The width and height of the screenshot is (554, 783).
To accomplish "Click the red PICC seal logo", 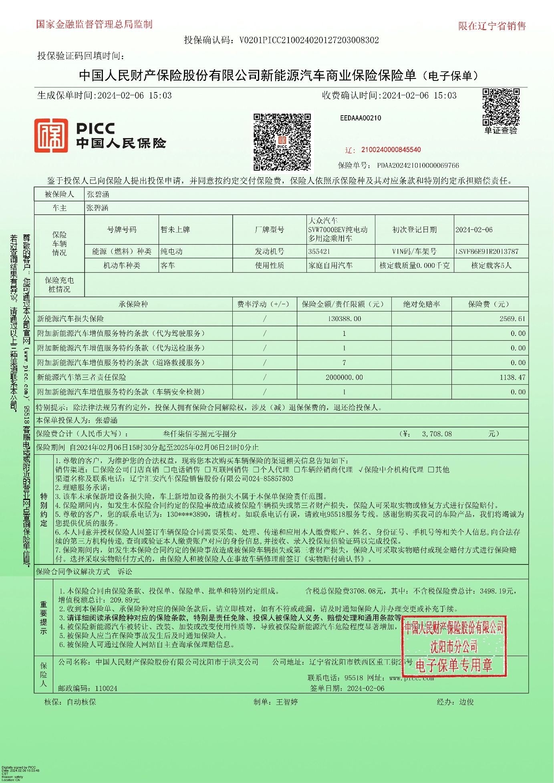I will coord(51,136).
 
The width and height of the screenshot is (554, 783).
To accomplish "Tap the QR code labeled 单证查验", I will coord(501,107).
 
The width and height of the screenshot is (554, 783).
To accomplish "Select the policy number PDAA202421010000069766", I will coord(418,165).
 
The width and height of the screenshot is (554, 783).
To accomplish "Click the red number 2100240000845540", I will coord(391,150).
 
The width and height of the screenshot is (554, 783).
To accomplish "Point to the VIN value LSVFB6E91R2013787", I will coord(487,251).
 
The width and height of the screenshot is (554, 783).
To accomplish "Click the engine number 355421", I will coord(319,251).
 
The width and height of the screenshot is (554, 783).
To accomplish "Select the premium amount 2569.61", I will coord(512,319).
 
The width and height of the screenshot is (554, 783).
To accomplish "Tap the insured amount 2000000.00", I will coord(344,377).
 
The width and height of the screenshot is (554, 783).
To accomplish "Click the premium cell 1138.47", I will coord(512,377).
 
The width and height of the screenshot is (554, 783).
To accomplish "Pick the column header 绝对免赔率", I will coord(421,304).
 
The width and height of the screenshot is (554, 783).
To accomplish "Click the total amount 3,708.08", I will coord(437,434).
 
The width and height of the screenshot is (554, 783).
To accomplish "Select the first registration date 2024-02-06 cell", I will coord(474,230).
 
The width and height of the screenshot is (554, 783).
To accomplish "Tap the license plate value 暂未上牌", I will coord(175,230).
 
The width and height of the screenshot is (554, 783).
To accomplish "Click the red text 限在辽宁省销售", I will coord(492,26).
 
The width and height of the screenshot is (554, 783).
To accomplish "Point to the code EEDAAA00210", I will coord(361,118).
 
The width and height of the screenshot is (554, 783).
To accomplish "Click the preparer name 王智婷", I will coord(287,702).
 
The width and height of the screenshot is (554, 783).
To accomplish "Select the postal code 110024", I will coord(106,689).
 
